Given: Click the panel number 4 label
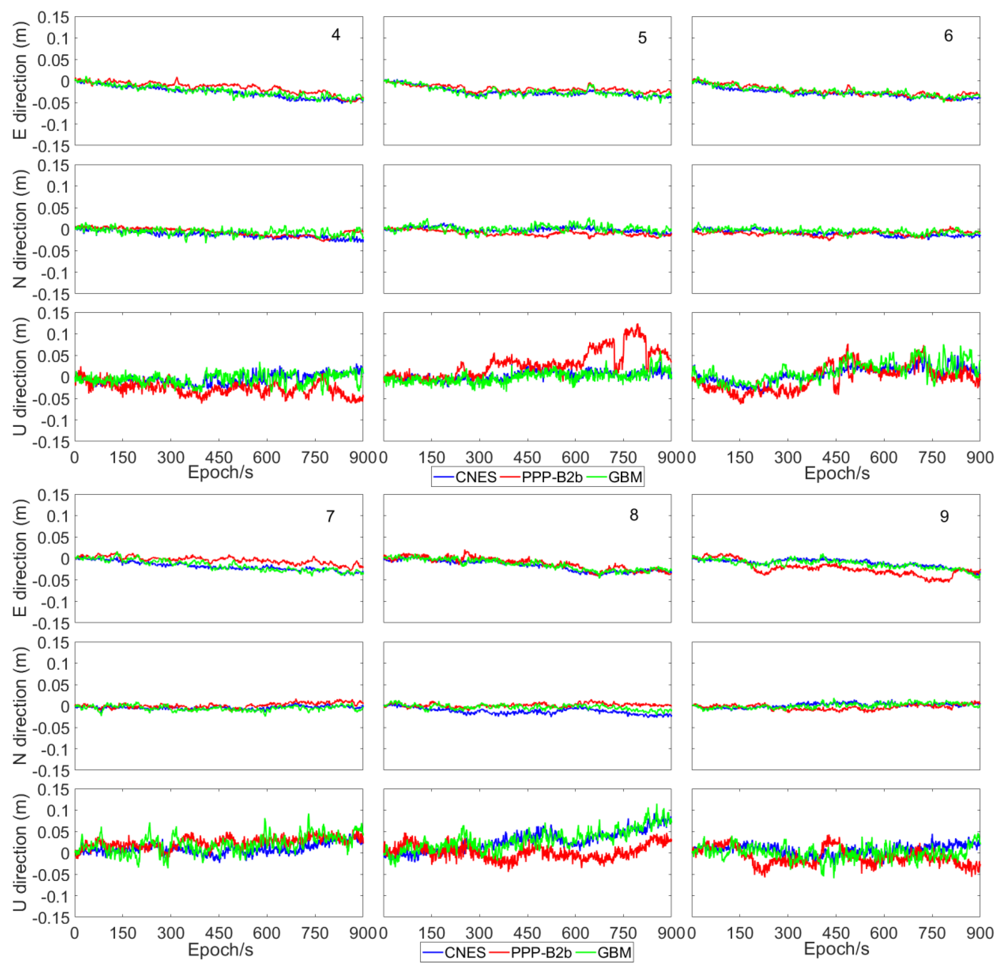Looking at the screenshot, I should (x=336, y=35).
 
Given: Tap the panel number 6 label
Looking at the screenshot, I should (x=948, y=36).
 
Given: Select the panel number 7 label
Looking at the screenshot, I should (x=331, y=516).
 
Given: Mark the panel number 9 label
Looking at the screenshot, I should (x=944, y=516).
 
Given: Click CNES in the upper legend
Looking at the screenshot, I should (x=476, y=477).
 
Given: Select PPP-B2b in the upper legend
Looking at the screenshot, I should (x=552, y=477).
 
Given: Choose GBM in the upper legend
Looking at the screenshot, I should (x=625, y=477).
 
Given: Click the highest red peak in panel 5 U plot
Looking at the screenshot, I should (x=637, y=324).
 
